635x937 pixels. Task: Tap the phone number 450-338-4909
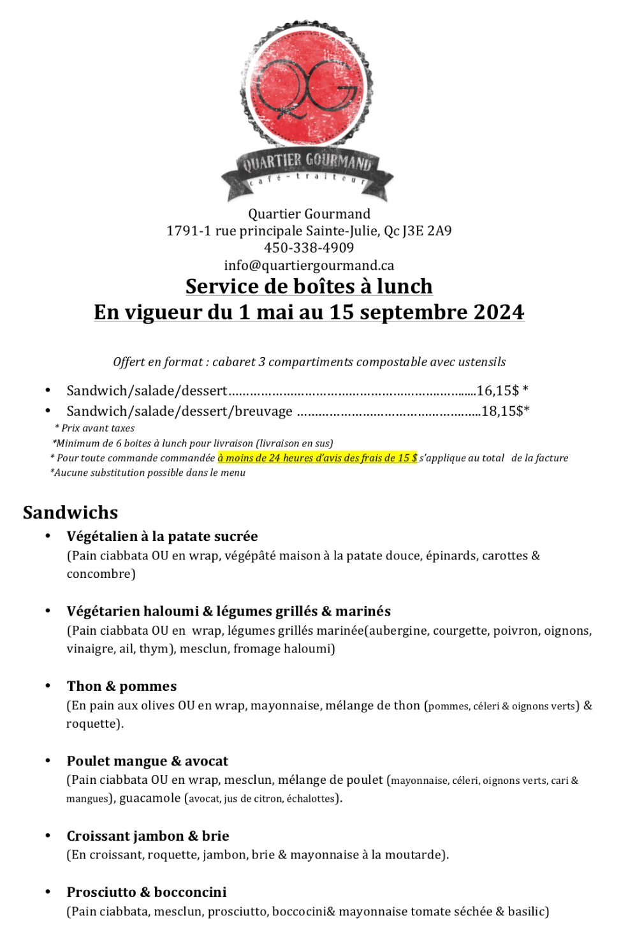click(309, 247)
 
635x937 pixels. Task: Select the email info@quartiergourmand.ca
click(309, 265)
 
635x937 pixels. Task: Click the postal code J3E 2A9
click(427, 231)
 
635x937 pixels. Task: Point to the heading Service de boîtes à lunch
click(309, 286)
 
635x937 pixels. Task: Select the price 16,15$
click(498, 390)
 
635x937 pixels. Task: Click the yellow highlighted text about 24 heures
click(317, 458)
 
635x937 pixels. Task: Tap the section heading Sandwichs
click(71, 513)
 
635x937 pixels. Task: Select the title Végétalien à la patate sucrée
click(163, 536)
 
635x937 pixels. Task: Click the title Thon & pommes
click(122, 686)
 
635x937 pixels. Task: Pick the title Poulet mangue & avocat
click(147, 761)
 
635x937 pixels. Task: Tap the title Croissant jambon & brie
click(148, 836)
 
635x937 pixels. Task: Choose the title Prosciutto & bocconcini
click(147, 892)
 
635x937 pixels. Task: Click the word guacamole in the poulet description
click(150, 799)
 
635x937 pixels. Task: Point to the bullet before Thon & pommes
click(48, 686)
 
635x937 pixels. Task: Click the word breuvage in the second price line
click(263, 411)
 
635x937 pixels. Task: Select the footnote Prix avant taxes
click(98, 428)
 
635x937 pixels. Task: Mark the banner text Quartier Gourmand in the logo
click(307, 162)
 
